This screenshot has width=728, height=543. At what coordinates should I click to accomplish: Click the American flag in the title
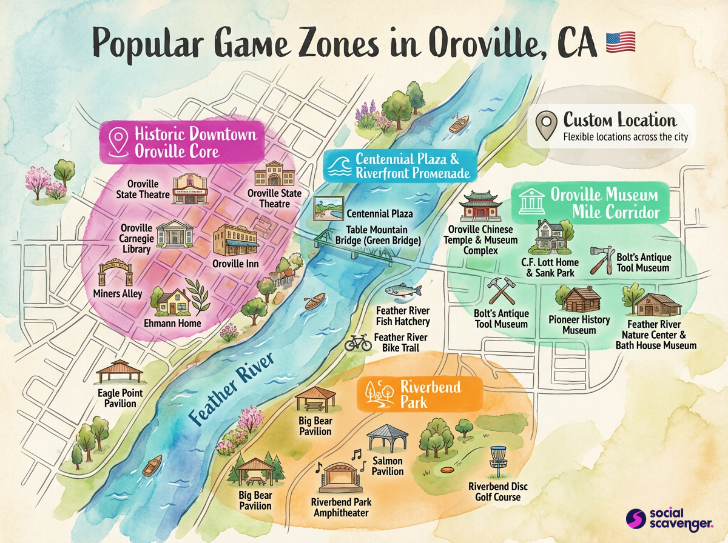click(621, 42)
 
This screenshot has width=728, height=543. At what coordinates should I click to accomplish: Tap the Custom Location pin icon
click(546, 125)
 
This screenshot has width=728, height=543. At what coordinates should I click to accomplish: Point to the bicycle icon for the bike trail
click(358, 343)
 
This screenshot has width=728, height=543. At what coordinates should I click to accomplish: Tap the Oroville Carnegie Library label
click(135, 238)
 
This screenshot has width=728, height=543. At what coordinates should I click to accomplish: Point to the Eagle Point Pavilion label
click(120, 398)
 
